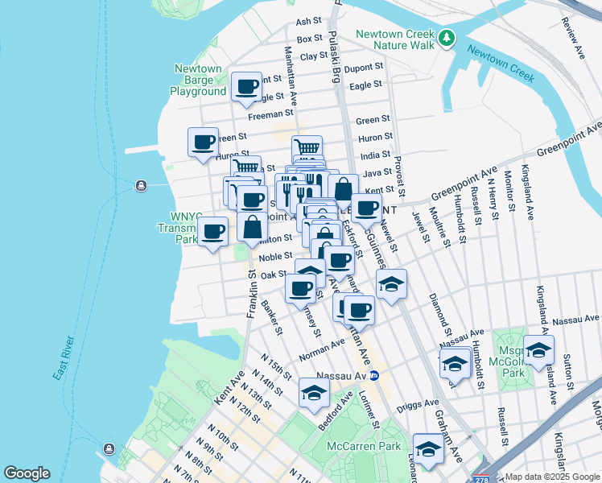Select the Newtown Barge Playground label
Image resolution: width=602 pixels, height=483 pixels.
tap(198, 80)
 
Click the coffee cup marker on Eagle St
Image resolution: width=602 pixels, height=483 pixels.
tap(247, 87)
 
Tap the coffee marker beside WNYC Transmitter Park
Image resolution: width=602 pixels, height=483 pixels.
tap(213, 233)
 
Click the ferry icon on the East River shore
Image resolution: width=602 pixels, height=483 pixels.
tap(142, 187)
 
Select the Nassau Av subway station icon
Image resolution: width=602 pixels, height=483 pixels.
tap(374, 375)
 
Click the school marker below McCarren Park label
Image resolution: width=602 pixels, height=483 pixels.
tap(428, 448)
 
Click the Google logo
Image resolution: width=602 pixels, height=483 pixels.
tap(28, 473)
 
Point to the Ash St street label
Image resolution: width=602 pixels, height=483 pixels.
tap(309, 22)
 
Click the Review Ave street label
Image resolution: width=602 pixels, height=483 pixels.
tap(574, 40)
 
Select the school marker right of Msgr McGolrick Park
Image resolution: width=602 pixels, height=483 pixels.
tap(538, 349)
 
